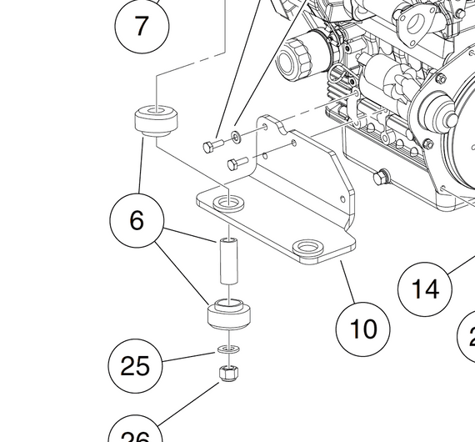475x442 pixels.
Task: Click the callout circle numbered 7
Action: (x=141, y=25)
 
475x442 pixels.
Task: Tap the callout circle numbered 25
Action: (x=136, y=365)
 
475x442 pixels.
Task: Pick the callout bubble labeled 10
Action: (x=363, y=329)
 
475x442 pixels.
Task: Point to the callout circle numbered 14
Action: (x=425, y=289)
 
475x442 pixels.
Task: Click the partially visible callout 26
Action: (x=136, y=431)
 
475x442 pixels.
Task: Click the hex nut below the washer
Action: (x=228, y=373)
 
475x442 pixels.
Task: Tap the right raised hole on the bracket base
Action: (x=309, y=248)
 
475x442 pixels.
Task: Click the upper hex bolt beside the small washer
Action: (x=211, y=147)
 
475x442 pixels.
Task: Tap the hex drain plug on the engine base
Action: (x=382, y=177)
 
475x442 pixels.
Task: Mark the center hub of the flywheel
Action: (x=435, y=108)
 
